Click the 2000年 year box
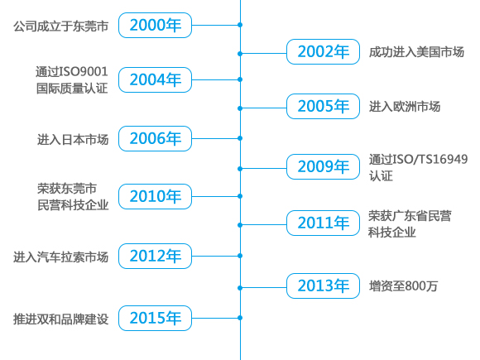pos(156,25)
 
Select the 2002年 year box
pos(323,52)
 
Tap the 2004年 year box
pos(156,80)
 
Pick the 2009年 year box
pos(323,167)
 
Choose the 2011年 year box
pos(323,223)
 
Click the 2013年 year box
pos(323,286)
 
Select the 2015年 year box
pos(156,318)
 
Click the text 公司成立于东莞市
pos(61,26)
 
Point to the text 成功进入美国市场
pos(416,52)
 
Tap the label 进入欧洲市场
pos(405,107)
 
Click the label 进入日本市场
pos(73,140)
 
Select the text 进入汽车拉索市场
pos(61,257)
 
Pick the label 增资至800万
pos(404,286)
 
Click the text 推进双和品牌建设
pos(61,319)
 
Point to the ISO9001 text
pos(84,72)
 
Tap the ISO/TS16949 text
pos(430,159)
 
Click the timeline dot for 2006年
pos(240,138)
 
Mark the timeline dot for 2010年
pos(240,196)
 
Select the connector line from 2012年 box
pos(215,256)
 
